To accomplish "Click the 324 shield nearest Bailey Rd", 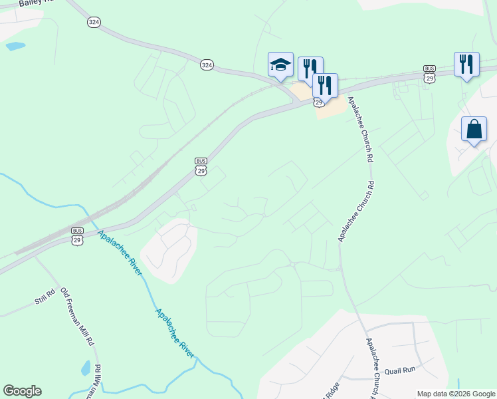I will point(94,22).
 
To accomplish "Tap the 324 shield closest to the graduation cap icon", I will point(207,65).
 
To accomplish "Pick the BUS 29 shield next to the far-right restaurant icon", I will point(430,74).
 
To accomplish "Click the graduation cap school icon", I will point(280,65).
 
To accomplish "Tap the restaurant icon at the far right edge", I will point(466,65).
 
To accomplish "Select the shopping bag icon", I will point(474,129).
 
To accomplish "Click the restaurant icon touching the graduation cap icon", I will point(310,68).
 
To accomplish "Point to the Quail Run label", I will point(400,370).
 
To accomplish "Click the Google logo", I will point(22,391).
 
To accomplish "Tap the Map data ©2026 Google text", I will point(456,394).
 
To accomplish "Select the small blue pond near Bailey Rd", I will point(15,47).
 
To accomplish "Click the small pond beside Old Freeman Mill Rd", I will point(85,367).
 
